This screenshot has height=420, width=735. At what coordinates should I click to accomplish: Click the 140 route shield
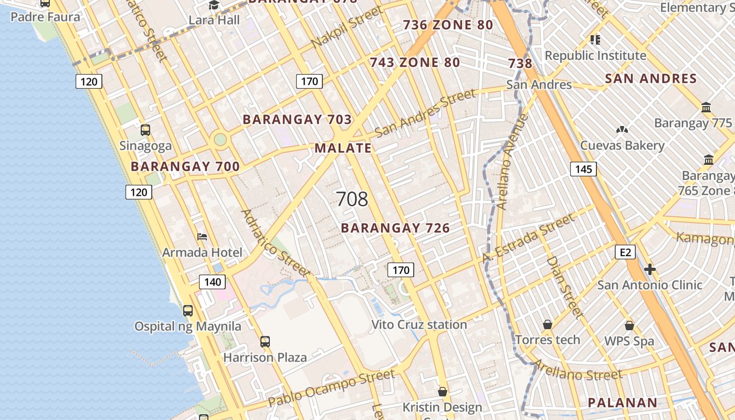click(x=212, y=282)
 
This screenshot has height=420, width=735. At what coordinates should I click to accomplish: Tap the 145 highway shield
click(x=583, y=169)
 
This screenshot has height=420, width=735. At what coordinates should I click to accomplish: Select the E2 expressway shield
click(x=625, y=253)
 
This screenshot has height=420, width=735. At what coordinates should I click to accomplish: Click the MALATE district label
click(x=343, y=148)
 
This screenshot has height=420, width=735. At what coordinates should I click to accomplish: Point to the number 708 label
click(x=352, y=199)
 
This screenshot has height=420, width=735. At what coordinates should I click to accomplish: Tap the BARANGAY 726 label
click(x=395, y=228)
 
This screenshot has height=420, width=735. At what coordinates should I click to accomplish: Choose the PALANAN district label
click(x=622, y=403)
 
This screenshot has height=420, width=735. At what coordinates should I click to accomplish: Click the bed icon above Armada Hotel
click(x=202, y=237)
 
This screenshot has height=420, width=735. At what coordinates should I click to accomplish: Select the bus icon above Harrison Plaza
click(x=265, y=342)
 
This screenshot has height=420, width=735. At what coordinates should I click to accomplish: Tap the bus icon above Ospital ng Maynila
click(x=188, y=310)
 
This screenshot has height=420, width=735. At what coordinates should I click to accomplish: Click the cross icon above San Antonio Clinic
click(x=650, y=269)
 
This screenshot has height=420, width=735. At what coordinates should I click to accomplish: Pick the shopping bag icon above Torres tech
click(x=548, y=324)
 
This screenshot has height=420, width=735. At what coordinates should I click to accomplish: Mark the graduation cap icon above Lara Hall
click(x=214, y=5)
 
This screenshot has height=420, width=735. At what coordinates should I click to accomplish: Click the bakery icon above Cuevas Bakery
click(x=622, y=130)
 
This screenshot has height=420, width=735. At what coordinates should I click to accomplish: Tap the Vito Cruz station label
click(x=419, y=324)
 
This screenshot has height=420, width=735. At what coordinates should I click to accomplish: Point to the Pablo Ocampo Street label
click(x=331, y=388)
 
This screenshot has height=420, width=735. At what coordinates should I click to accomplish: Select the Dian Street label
click(x=565, y=287)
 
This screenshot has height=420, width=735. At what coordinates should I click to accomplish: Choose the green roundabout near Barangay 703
click(x=220, y=140)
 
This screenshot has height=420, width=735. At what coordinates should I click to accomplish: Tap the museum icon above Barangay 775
click(x=706, y=108)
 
